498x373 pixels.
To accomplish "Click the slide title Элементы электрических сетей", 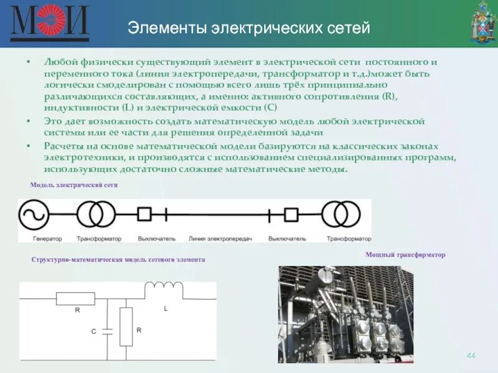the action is (248, 28).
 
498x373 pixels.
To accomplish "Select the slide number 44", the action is (471, 355).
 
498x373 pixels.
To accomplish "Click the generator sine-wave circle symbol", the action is (34, 214).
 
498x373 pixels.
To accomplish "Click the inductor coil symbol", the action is (164, 290).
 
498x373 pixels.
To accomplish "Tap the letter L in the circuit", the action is (166, 308).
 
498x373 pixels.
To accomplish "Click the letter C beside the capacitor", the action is (94, 332).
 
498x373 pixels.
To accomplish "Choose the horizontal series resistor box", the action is (75, 299).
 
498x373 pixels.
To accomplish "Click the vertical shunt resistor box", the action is (126, 326).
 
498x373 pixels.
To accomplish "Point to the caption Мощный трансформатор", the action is (406, 256).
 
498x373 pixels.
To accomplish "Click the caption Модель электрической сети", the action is (74, 185).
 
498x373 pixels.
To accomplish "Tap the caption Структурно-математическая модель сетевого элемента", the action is (118, 260).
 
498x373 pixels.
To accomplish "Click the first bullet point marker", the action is (29, 63).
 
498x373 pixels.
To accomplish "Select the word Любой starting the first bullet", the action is (57, 63).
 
